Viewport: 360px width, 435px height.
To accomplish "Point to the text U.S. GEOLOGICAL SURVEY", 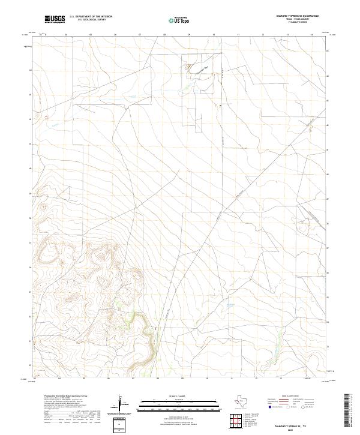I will tap(91, 20).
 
